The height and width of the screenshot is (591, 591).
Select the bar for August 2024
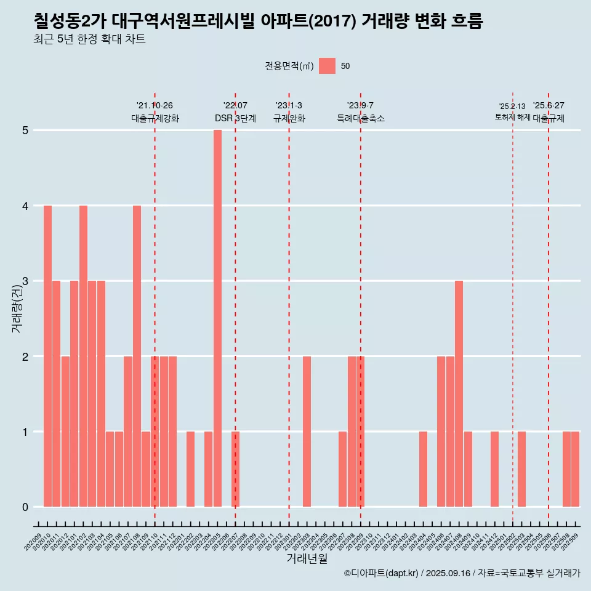click(459, 394)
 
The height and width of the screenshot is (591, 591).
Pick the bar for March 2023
click(307, 432)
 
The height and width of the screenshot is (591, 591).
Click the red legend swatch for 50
click(327, 66)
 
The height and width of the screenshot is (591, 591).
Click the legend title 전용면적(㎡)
click(289, 66)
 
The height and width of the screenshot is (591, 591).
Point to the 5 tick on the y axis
click(25, 131)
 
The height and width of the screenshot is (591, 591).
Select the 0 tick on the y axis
click(25, 507)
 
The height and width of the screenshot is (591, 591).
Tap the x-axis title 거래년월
click(307, 558)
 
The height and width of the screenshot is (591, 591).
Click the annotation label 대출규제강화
click(155, 118)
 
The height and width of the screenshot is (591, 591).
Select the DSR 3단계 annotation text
click(235, 118)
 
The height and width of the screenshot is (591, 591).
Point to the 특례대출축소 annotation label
click(360, 118)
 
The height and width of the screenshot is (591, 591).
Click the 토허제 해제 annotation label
click(512, 117)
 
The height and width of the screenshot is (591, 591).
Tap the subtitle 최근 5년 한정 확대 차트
click(89, 39)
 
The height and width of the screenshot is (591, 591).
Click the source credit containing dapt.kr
click(462, 573)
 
